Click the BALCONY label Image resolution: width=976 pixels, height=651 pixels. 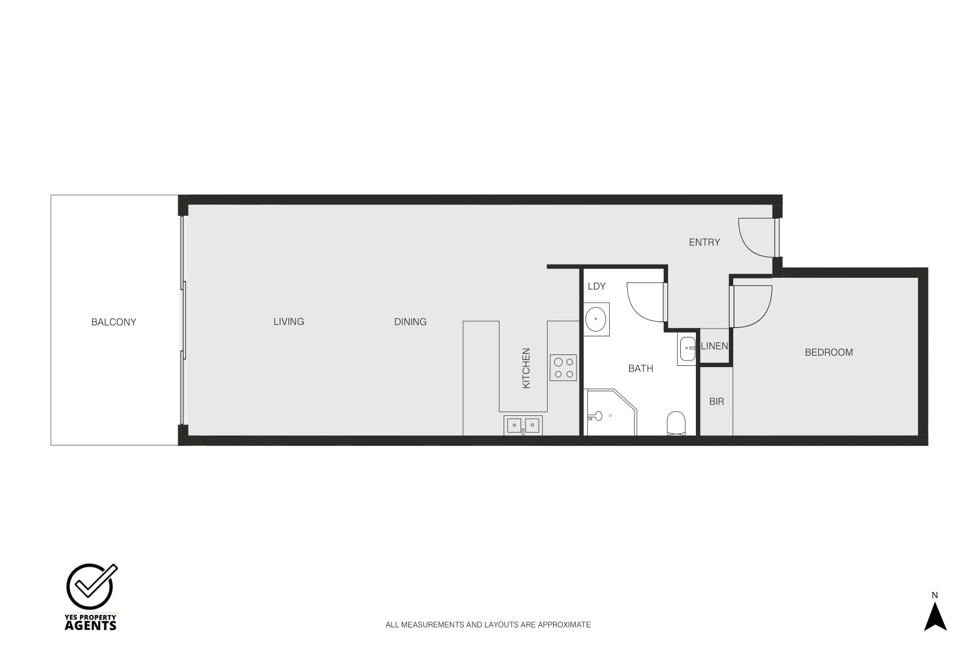tap(114, 322)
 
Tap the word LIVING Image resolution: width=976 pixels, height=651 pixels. tap(289, 321)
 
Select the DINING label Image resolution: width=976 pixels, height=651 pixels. tap(410, 322)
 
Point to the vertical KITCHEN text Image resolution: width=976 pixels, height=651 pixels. tap(526, 368)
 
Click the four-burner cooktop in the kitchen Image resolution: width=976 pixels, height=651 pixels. tap(563, 368)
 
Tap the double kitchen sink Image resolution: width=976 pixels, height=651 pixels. tap(523, 425)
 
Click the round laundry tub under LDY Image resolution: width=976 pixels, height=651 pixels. tap(596, 319)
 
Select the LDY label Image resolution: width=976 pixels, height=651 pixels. tap(596, 286)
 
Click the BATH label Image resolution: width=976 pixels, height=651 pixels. tap(640, 368)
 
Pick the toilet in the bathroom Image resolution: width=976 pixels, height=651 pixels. tap(677, 423)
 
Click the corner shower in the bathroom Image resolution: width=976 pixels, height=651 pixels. tap(610, 412)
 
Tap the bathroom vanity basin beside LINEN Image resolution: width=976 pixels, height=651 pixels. tap(687, 348)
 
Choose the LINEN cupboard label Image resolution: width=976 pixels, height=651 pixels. tap(715, 346)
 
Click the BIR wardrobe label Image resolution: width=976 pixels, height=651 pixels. tap(716, 401)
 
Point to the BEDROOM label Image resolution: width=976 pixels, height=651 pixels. tap(828, 352)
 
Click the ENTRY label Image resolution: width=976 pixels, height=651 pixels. tap(704, 242)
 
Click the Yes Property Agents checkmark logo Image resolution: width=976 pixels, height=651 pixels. tap(91, 587)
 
